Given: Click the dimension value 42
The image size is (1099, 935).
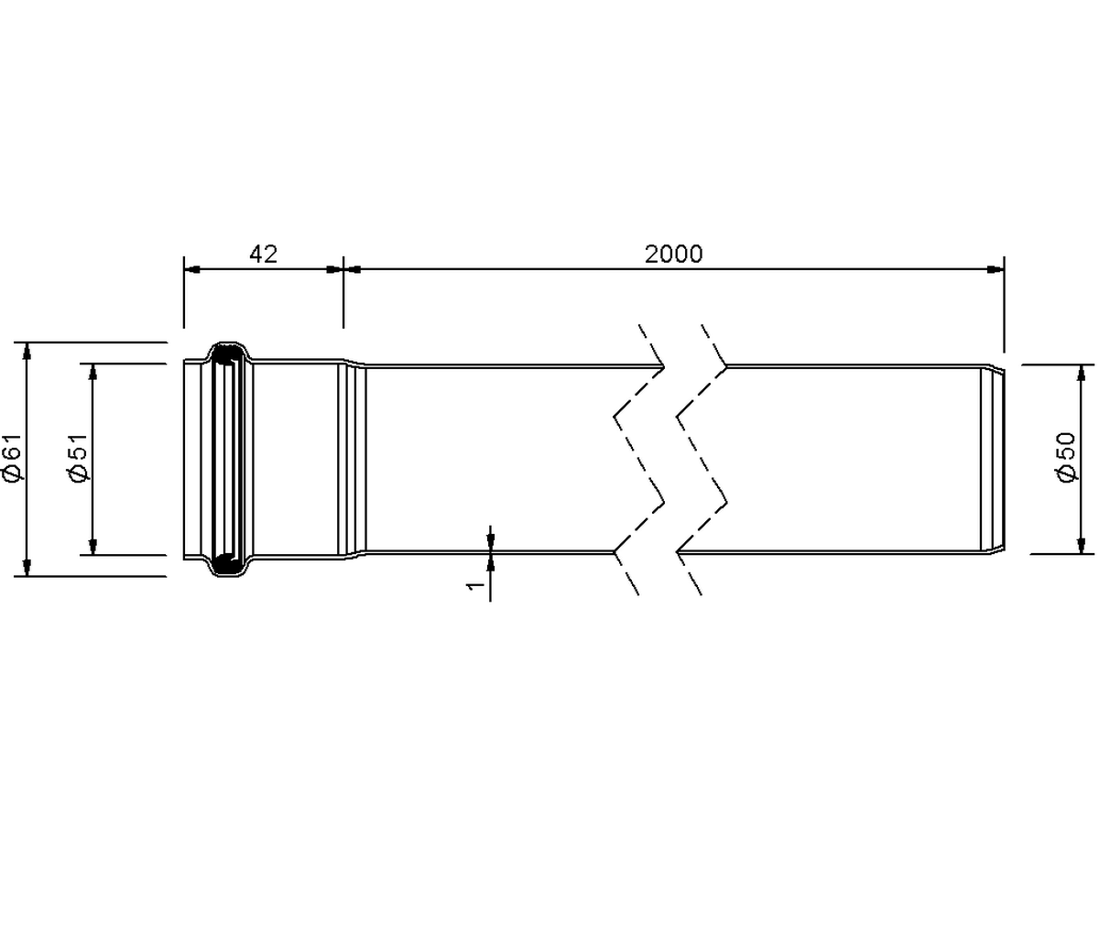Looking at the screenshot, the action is pyautogui.click(x=263, y=254).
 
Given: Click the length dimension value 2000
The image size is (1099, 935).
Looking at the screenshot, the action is pyautogui.click(x=674, y=254).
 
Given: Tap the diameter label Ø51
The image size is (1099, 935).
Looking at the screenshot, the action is pyautogui.click(x=78, y=459).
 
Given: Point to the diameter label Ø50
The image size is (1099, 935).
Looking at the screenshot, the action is pyautogui.click(x=1067, y=458).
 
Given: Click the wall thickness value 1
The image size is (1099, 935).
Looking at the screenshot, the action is pyautogui.click(x=476, y=585).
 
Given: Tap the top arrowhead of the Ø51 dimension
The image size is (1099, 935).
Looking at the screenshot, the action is pyautogui.click(x=93, y=373).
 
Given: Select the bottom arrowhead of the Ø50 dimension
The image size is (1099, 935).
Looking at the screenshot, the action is pyautogui.click(x=1081, y=545).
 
